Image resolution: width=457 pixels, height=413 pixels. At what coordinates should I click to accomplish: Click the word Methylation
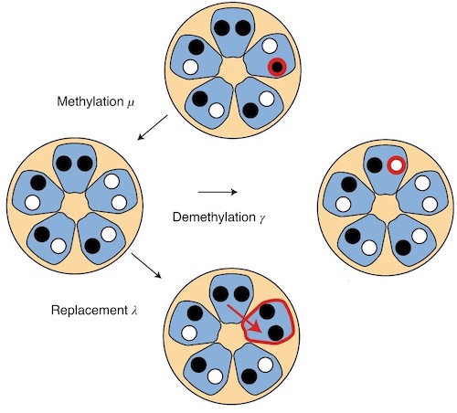tap(90, 101)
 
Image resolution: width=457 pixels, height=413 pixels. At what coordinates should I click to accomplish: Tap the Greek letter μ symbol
tap(130, 103)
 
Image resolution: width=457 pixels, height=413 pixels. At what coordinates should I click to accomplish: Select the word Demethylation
tap(214, 217)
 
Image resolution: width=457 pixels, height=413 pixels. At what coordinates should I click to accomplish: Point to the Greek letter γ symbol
tap(261, 218)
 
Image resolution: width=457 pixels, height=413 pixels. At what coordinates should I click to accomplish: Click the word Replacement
tap(89, 310)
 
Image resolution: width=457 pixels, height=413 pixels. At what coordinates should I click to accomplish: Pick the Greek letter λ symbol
tap(133, 311)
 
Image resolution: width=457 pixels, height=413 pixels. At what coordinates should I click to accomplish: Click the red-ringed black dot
tap(277, 67)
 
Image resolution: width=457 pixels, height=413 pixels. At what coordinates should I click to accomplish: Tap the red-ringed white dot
tap(397, 165)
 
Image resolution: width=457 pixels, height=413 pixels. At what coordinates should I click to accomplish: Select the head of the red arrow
tap(257, 328)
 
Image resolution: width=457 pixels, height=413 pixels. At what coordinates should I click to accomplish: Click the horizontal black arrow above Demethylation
tap(218, 192)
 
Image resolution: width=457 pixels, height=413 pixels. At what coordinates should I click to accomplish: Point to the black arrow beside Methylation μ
tap(153, 127)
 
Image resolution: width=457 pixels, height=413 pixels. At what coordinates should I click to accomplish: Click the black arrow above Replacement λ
tap(146, 265)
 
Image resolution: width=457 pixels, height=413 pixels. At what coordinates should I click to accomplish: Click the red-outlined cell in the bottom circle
tap(268, 323)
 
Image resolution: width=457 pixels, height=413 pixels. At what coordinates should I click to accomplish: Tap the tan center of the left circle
tap(75, 206)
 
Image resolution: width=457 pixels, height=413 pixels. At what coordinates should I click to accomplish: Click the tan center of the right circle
tap(386, 208)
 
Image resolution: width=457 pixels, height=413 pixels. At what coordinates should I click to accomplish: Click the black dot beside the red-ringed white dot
tap(375, 165)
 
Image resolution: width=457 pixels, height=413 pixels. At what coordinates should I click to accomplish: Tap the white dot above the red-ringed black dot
tap(270, 47)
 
